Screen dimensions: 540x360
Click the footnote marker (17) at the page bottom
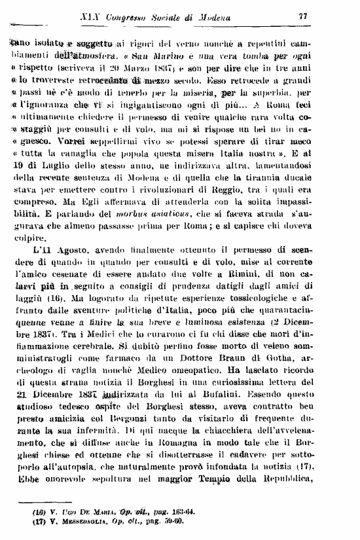point(43,522)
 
